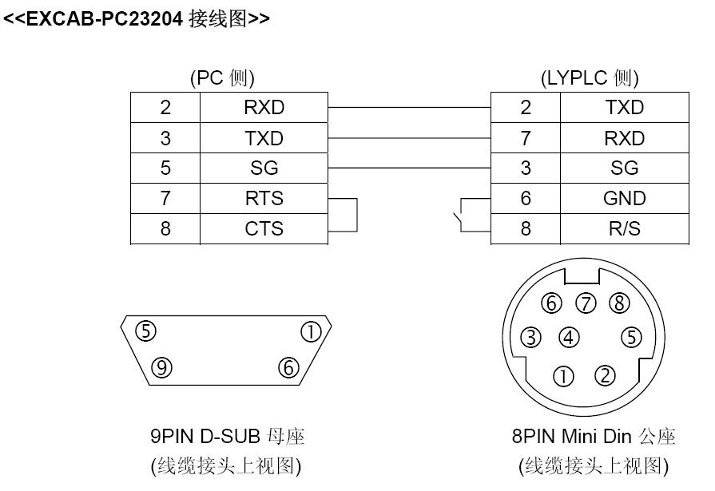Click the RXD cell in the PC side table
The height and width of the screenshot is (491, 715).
[264, 108]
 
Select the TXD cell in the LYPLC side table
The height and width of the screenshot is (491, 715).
[624, 108]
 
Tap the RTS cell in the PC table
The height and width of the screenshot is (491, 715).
[264, 198]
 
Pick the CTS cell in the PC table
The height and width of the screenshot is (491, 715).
[264, 228]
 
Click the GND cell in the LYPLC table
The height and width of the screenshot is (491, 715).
[624, 198]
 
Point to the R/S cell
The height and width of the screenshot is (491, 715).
[624, 228]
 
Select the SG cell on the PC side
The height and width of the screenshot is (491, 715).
[264, 168]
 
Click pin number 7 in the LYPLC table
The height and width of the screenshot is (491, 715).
[525, 138]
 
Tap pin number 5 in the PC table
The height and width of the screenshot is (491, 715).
[165, 168]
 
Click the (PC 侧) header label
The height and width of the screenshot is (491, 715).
[222, 78]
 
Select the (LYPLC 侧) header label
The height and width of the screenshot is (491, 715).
[590, 78]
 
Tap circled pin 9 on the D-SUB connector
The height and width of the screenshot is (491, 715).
[162, 366]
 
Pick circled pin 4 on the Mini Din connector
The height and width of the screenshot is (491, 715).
[569, 337]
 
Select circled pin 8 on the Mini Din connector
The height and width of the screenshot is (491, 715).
[618, 304]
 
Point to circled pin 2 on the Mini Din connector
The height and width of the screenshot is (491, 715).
[605, 374]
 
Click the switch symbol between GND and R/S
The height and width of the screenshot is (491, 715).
[458, 216]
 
